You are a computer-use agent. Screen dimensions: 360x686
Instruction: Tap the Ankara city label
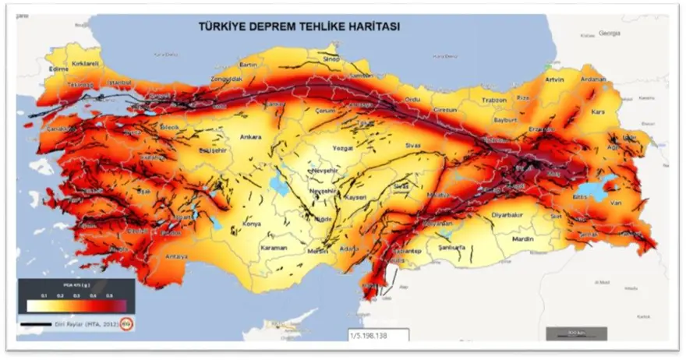coord(250,137)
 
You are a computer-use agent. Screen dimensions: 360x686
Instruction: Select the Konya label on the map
coord(252,224)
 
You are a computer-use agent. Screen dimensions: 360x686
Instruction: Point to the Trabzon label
coord(493,100)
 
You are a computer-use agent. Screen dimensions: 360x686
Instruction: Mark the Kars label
coord(599,111)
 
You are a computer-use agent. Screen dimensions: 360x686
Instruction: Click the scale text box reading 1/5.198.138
coord(379,334)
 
